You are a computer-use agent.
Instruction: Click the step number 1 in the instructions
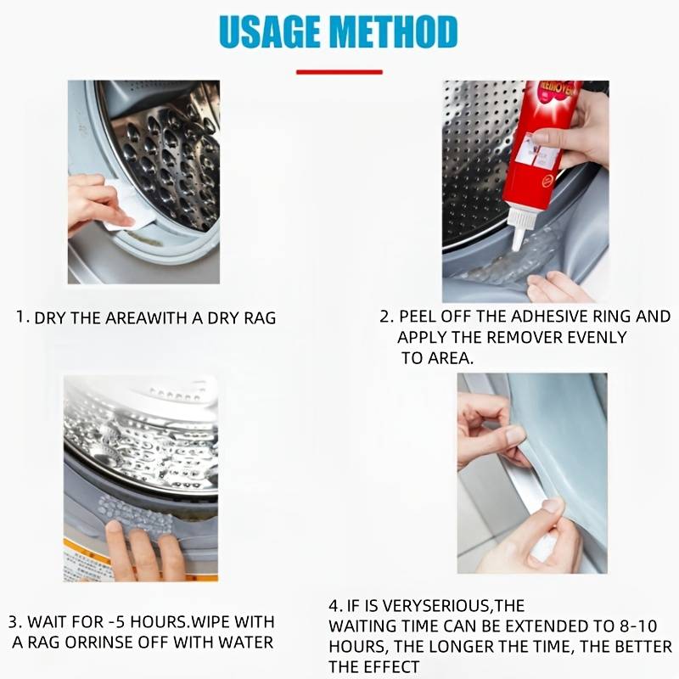[22, 317]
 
